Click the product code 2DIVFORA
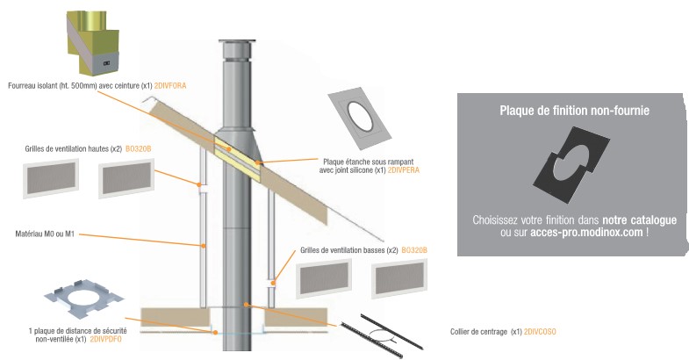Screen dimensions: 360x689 click(x=169, y=86)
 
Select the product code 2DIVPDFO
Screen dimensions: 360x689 click(x=105, y=338)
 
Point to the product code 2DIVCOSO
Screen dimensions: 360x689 click(x=540, y=332)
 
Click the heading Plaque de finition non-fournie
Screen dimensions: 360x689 click(x=568, y=111)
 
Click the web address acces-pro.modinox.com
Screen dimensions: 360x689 click(x=587, y=233)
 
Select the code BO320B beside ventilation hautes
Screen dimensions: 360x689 click(x=139, y=149)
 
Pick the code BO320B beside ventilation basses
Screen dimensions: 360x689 click(x=414, y=250)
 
